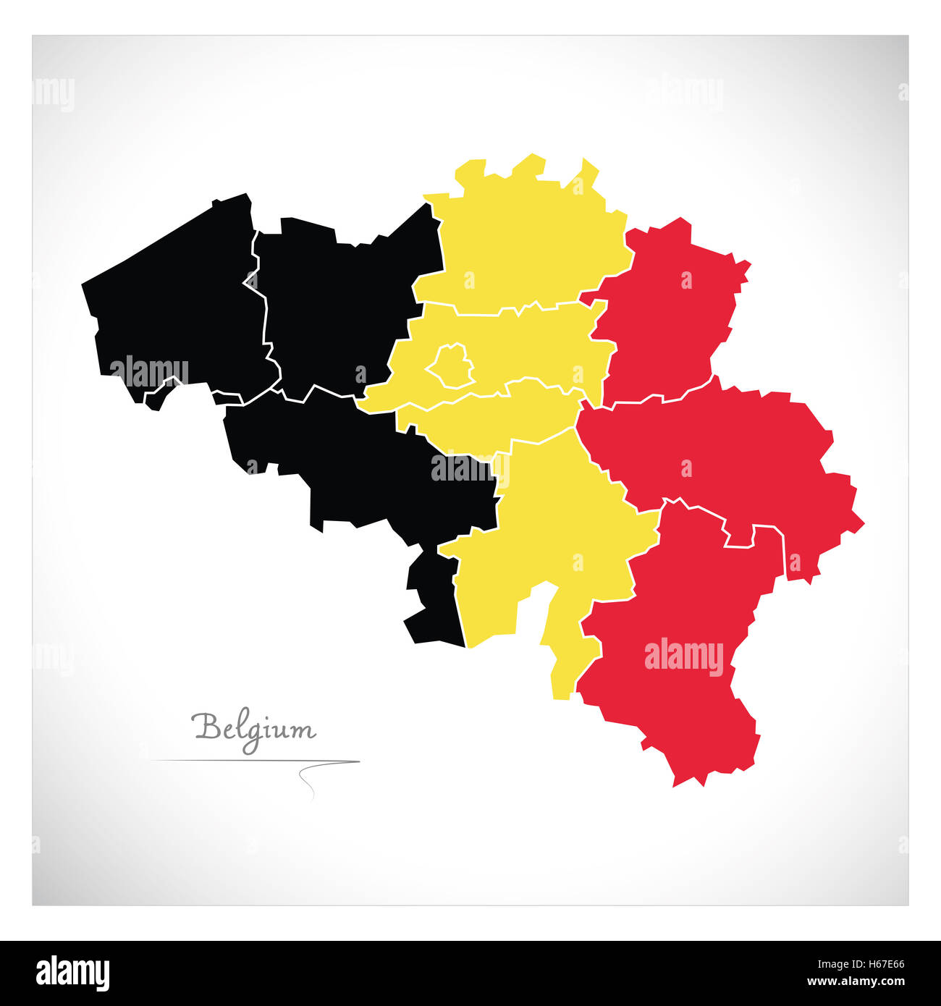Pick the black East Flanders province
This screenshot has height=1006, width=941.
[333, 304]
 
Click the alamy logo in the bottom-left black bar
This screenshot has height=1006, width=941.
[72, 973]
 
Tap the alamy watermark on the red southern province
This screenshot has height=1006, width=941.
[683, 657]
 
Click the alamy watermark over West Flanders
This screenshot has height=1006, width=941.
[149, 371]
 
